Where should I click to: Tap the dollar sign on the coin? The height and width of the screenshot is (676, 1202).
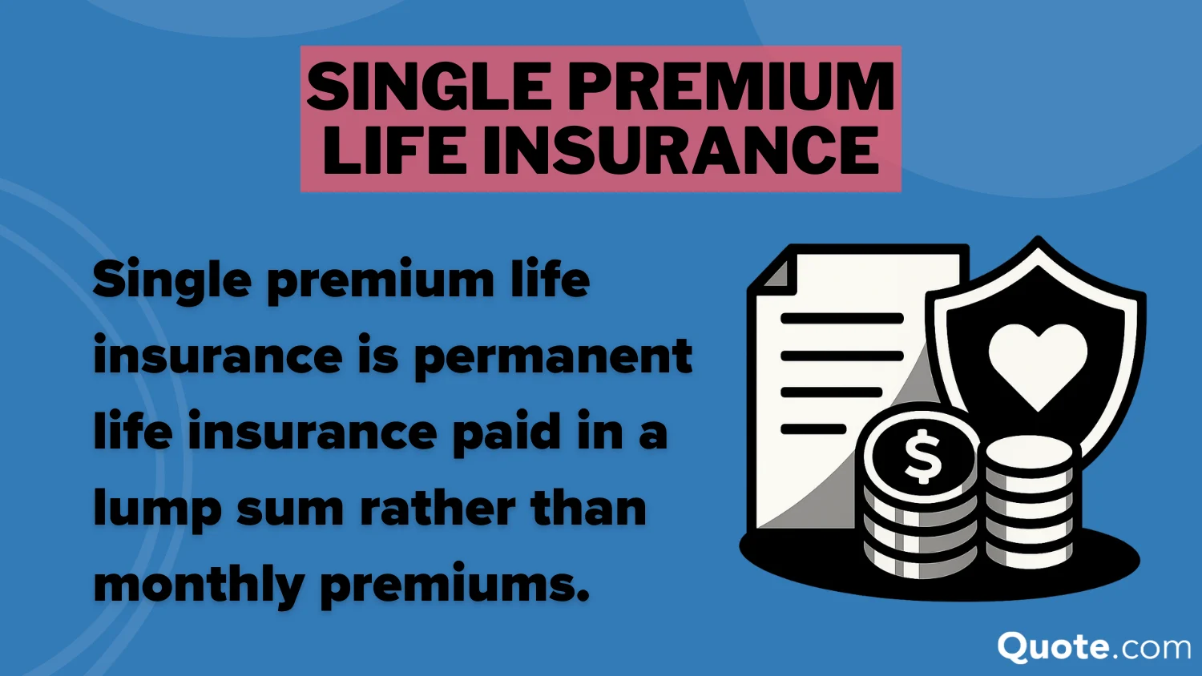pyautogui.click(x=923, y=457)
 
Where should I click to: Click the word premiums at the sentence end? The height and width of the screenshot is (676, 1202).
pyautogui.click(x=454, y=585)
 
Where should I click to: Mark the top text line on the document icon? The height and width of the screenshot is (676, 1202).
pyautogui.click(x=841, y=318)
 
